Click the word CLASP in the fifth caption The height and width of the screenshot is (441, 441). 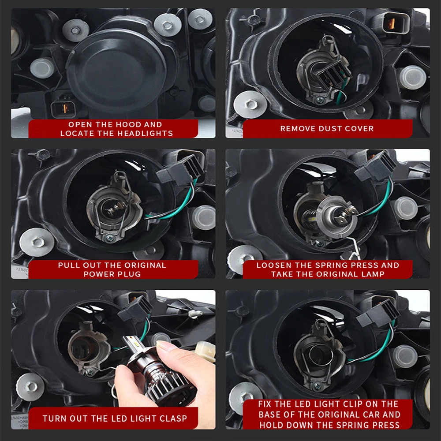tap(173, 418)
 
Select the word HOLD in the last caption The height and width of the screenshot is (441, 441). tap(269, 425)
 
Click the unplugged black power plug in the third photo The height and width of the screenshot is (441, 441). tap(180, 172)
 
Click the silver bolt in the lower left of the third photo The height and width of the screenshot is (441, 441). tap(37, 242)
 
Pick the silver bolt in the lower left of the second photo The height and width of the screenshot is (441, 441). tap(250, 105)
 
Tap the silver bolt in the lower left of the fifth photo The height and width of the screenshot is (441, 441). tap(30, 387)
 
